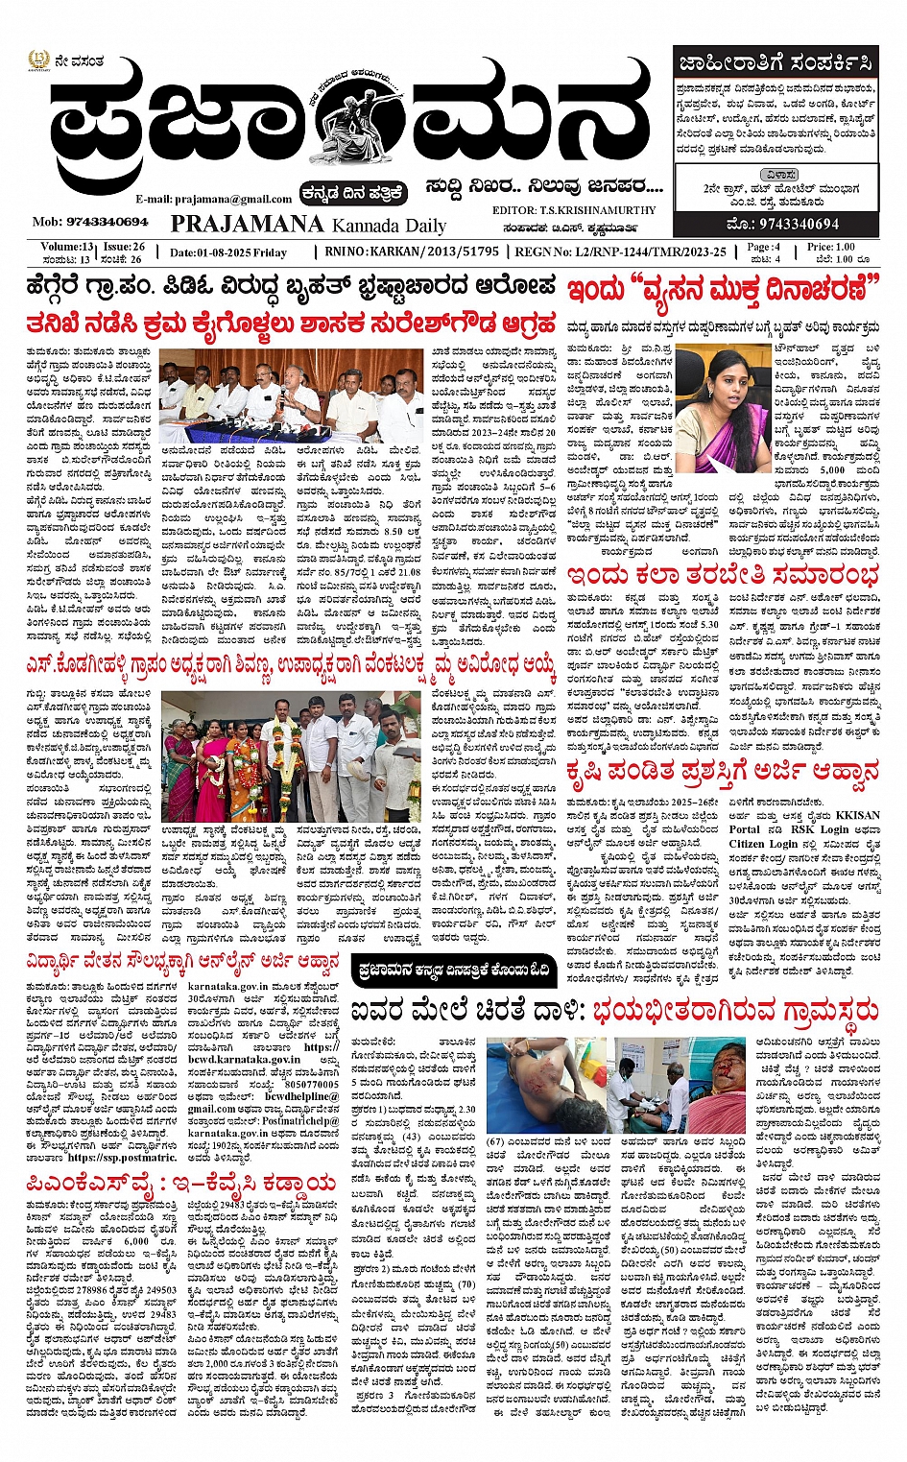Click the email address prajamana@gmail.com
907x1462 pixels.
pyautogui.click(x=213, y=199)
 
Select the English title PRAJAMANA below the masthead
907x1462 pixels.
pyautogui.click(x=247, y=224)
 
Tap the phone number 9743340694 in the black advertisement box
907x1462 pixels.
pyautogui.click(x=783, y=224)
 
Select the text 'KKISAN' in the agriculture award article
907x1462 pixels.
pyautogui.click(x=857, y=815)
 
